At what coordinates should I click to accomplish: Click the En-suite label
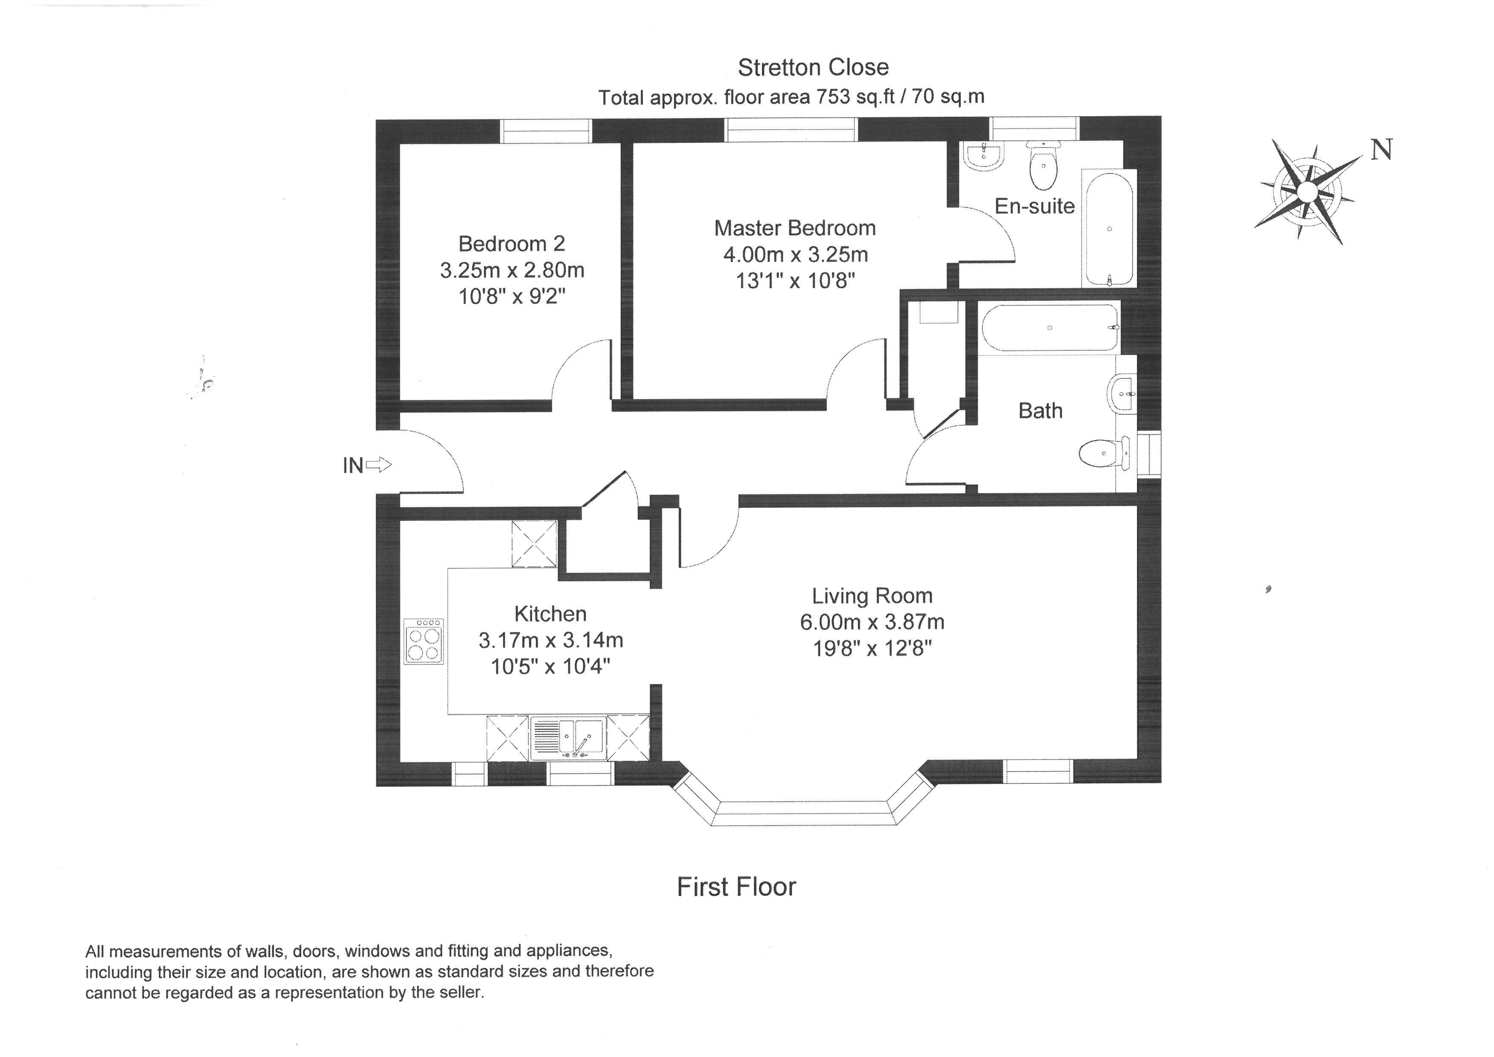(x=1035, y=206)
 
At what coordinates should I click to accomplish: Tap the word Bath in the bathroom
(x=1040, y=411)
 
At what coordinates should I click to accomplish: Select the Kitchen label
(x=550, y=614)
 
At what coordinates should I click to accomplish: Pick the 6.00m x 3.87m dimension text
(x=872, y=622)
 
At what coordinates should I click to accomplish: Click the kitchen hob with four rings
(x=424, y=641)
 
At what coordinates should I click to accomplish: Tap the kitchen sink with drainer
(x=568, y=738)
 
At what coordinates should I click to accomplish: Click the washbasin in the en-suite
(x=983, y=157)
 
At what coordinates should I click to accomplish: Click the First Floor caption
(x=736, y=887)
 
